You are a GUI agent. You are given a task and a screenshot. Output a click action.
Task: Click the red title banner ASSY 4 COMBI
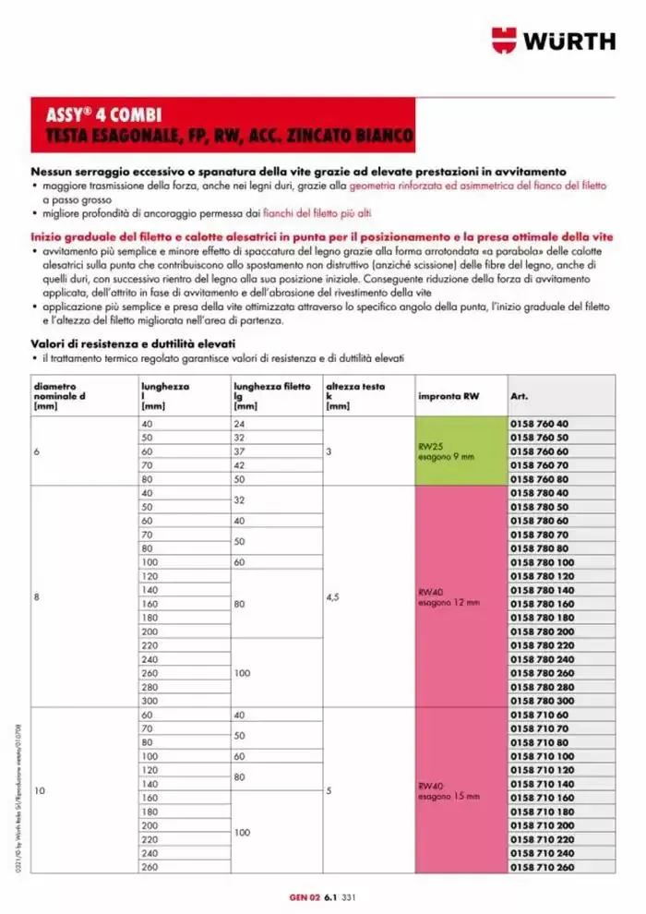pos(222,126)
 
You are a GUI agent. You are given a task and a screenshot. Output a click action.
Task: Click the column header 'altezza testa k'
pos(349,395)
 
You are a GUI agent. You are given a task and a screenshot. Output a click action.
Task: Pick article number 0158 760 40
pos(539,423)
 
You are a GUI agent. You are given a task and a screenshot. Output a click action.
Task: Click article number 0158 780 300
pos(541,702)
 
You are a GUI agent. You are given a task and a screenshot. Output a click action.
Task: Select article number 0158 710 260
pos(541,867)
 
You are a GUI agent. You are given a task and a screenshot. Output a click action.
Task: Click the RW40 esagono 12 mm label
pos(449,597)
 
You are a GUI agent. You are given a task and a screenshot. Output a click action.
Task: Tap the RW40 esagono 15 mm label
pos(449,790)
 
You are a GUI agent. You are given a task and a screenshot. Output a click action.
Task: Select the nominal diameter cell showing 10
pos(39,791)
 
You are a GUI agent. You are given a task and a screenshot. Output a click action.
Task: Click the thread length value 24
pos(240,423)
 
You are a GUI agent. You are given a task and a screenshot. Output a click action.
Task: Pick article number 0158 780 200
pos(541,631)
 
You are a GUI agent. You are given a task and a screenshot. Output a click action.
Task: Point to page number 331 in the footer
pos(349,896)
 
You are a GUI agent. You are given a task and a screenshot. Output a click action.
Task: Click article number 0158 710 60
pos(539,716)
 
